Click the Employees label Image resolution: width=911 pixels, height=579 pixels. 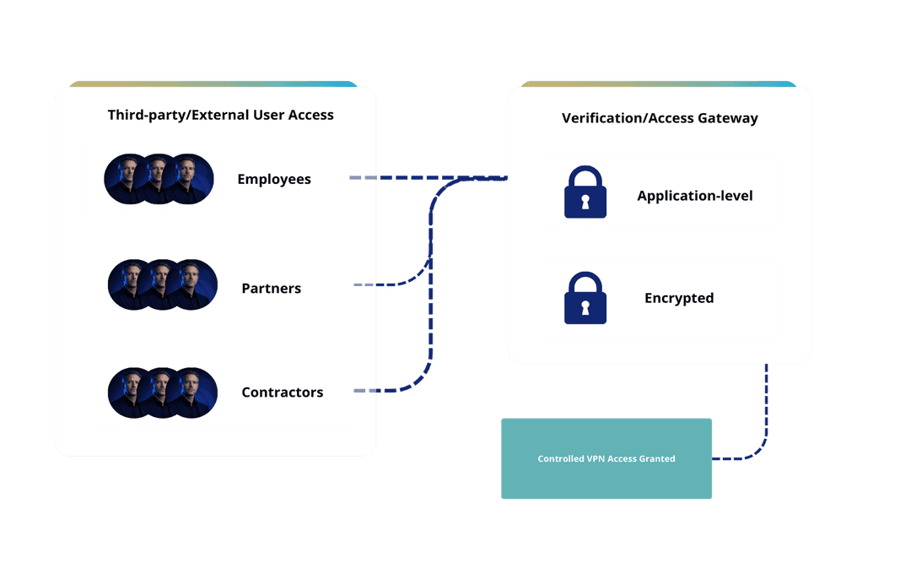click(274, 179)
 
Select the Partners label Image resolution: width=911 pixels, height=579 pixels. click(271, 289)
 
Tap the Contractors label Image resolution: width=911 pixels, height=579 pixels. click(282, 392)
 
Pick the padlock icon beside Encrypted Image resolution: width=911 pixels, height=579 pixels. click(585, 298)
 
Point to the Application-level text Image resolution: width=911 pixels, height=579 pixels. click(694, 196)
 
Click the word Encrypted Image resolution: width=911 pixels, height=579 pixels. click(679, 298)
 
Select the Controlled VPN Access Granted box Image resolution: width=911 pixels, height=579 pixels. click(606, 458)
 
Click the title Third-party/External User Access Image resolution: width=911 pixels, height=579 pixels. click(221, 115)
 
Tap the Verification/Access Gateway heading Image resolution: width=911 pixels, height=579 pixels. click(660, 118)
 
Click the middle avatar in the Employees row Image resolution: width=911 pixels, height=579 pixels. click(159, 179)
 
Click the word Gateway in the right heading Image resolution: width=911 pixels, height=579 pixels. click(727, 118)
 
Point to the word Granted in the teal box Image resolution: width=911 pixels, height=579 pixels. click(658, 459)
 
